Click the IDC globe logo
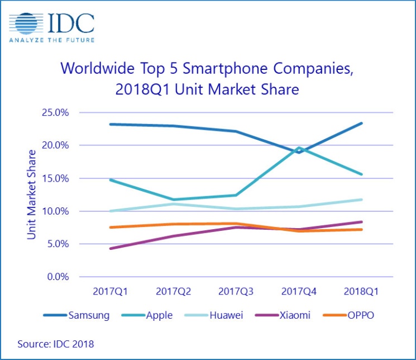point(27,23)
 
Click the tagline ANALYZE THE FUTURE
point(51,40)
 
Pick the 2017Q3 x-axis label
point(236,292)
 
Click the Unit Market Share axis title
point(32,195)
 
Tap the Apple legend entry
point(160,315)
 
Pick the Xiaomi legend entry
point(297,315)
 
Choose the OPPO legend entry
point(360,315)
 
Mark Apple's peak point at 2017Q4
point(299,148)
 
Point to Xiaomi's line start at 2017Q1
point(111,248)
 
